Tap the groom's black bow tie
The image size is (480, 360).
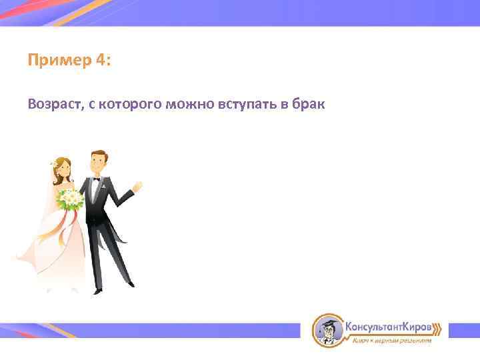tap(97, 179)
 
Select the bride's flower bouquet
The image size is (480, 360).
tap(70, 198)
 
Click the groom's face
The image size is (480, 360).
tap(99, 164)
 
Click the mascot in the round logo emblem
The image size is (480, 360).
tap(327, 329)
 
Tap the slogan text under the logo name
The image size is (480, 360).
tap(391, 340)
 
